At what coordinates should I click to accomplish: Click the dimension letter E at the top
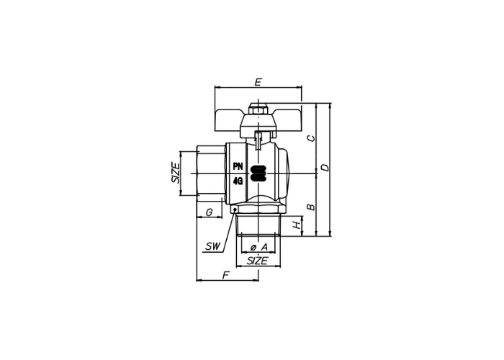click(x=258, y=82)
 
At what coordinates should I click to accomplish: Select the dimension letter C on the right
click(x=311, y=138)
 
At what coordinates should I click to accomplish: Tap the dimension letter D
click(x=325, y=168)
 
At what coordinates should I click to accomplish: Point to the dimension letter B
click(x=311, y=207)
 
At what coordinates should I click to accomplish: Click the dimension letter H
click(x=297, y=224)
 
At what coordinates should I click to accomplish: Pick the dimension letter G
click(x=209, y=212)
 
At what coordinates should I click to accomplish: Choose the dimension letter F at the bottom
click(x=226, y=275)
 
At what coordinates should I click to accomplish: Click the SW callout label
click(x=213, y=246)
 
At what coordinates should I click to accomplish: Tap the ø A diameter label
click(x=258, y=247)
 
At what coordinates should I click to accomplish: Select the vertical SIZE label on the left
click(x=176, y=174)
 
